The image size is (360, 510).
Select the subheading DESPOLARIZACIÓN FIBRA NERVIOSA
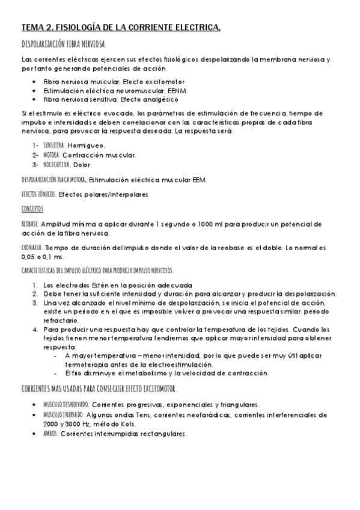click(64, 45)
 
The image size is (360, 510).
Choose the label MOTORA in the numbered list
click(51, 155)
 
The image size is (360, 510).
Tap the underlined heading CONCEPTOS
click(32, 209)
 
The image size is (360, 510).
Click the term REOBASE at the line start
click(30, 223)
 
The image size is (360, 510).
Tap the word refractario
click(61, 321)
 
